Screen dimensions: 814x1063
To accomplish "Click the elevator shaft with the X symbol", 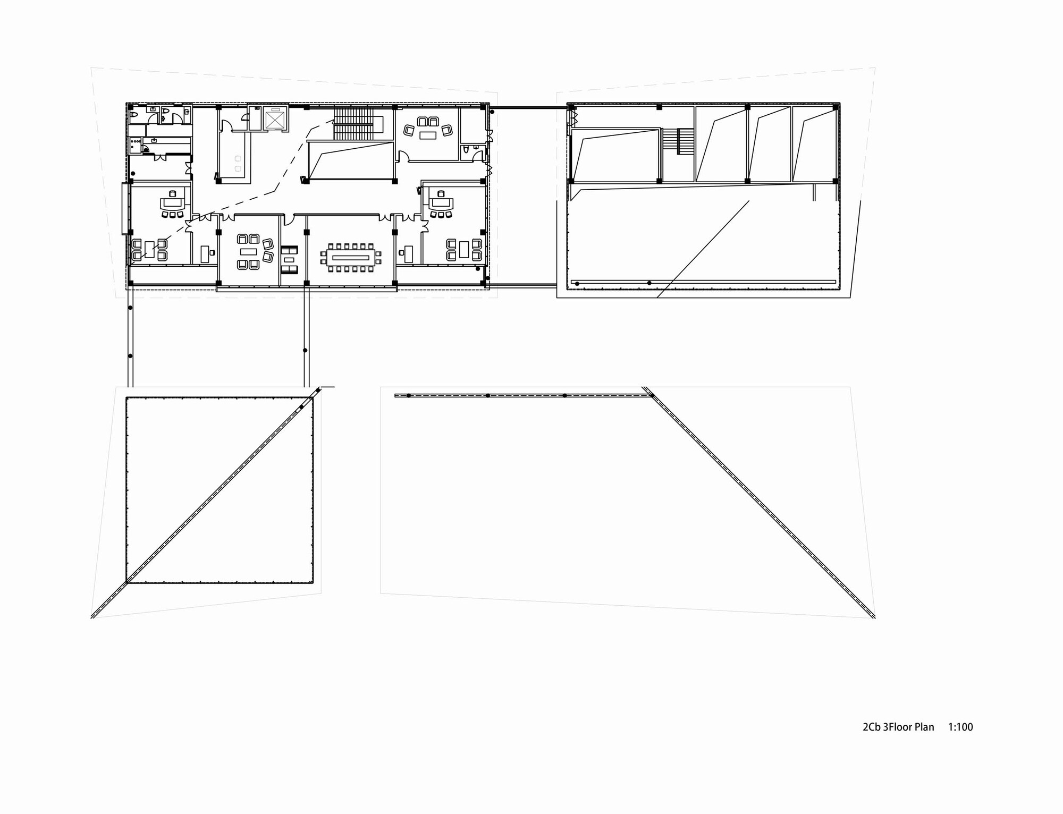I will click(275, 118).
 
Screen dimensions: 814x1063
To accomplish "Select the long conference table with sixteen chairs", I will click(351, 258).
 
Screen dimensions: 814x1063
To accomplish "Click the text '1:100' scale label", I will click(960, 727).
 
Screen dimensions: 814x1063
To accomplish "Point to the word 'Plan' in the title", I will click(924, 727).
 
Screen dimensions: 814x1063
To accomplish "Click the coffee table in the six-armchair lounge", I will click(248, 252).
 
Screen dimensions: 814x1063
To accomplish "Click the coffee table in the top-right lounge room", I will click(427, 135).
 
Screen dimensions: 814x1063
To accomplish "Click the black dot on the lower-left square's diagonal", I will click(301, 407).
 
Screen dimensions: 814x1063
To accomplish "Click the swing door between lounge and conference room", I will click(288, 219).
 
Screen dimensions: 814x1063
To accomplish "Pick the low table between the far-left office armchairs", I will click(149, 250).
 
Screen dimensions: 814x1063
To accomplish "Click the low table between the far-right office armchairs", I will click(463, 249).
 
